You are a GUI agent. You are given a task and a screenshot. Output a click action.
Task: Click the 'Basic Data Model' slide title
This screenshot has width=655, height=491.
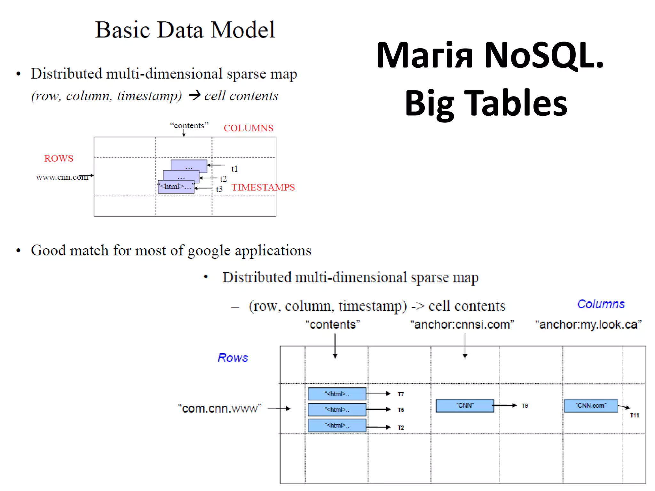[x=185, y=30]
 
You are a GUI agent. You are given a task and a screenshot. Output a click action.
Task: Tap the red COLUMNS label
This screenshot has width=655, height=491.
[x=248, y=128]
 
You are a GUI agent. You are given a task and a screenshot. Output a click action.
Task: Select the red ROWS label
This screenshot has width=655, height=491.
[x=59, y=158]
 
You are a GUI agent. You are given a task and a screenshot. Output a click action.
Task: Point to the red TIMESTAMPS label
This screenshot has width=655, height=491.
[x=263, y=187]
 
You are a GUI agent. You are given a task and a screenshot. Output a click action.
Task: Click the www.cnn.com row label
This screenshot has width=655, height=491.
[x=62, y=177]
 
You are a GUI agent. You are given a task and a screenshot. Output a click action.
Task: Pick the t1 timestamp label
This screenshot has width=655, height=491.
[x=234, y=169]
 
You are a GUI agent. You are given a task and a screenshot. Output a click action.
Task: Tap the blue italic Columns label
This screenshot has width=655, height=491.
[x=601, y=304]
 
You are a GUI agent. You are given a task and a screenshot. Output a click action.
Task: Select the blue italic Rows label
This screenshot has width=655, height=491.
[x=233, y=358]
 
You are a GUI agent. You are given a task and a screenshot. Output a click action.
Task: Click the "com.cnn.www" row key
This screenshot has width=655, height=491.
[x=220, y=409]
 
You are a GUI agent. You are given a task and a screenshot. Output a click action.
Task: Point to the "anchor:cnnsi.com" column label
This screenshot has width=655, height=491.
[x=462, y=324]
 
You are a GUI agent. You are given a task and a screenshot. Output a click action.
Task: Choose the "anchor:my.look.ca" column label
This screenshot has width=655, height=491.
[x=588, y=324]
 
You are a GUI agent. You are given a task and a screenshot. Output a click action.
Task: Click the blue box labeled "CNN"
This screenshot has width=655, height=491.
[x=465, y=406]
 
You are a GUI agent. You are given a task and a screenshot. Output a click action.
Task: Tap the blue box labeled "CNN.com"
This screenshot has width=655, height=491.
[x=591, y=406]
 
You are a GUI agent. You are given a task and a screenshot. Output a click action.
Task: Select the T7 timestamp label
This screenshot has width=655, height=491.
[x=401, y=394]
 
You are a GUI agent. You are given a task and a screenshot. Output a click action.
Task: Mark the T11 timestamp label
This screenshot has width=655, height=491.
[x=634, y=416]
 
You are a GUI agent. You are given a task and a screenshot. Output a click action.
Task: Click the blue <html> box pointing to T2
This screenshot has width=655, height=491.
[x=337, y=425]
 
